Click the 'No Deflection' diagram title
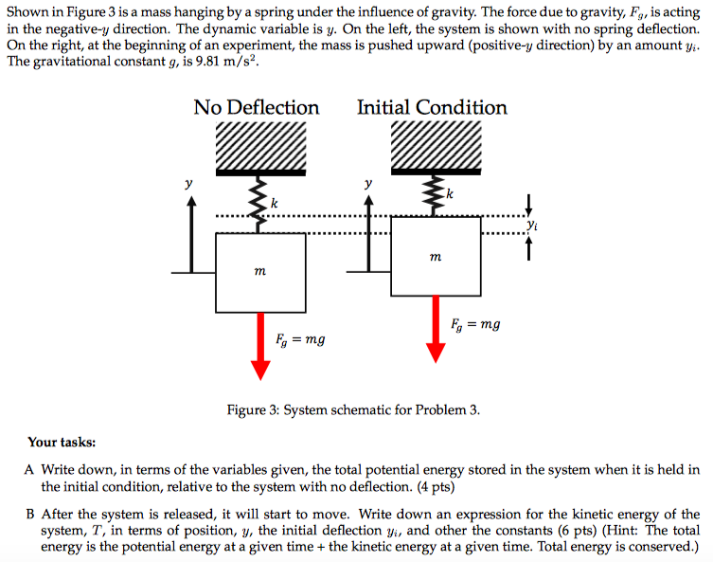pyautogui.click(x=256, y=107)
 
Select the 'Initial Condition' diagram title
pyautogui.click(x=432, y=107)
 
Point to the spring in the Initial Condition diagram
pyautogui.click(x=436, y=195)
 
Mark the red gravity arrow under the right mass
pyautogui.click(x=436, y=328)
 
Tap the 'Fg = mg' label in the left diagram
pyautogui.click(x=300, y=338)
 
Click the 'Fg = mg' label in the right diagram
pyautogui.click(x=475, y=324)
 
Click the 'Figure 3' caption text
pyautogui.click(x=353, y=410)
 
